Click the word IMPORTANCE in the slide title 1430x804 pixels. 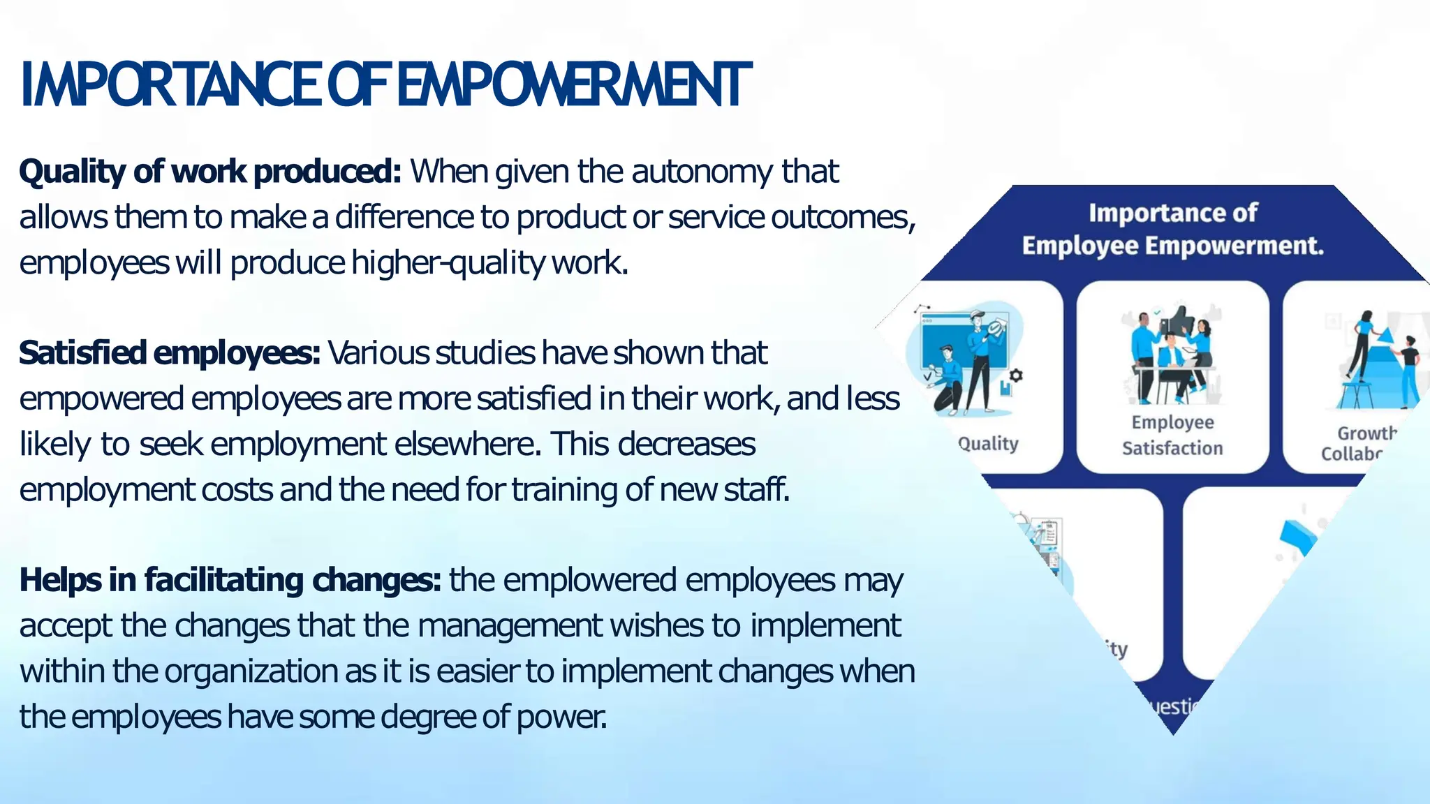(x=171, y=85)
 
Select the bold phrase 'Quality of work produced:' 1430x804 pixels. (x=210, y=172)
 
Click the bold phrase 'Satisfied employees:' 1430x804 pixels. (x=170, y=353)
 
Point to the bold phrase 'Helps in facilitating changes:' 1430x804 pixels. (x=230, y=580)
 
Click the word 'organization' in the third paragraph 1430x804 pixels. (x=251, y=671)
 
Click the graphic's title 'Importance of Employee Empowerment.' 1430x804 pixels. (x=1173, y=229)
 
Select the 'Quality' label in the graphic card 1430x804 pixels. (x=988, y=444)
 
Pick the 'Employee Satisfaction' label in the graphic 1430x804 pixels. (x=1172, y=435)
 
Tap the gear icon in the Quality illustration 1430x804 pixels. (x=1016, y=375)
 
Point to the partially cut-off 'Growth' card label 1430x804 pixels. (x=1365, y=434)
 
